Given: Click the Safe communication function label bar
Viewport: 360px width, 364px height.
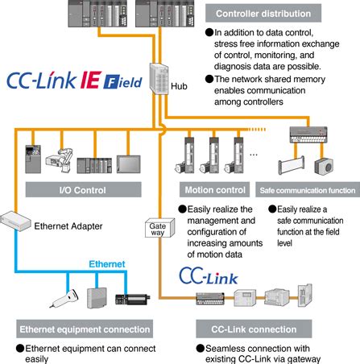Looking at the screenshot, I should pyautogui.click(x=307, y=192).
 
